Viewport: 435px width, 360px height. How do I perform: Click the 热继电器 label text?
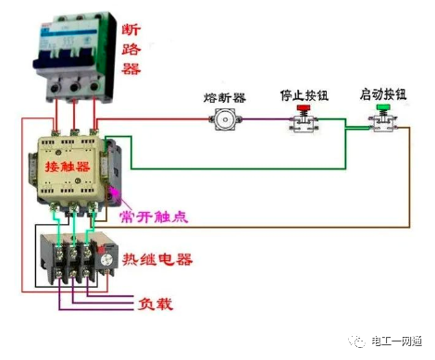(166, 258)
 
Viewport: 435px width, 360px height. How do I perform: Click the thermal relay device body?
(74, 259)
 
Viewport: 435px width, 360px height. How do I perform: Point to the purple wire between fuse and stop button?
(264, 119)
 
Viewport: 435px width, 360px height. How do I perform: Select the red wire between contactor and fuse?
(157, 119)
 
